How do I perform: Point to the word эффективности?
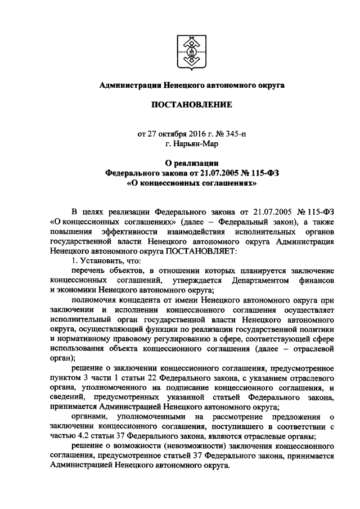137,231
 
